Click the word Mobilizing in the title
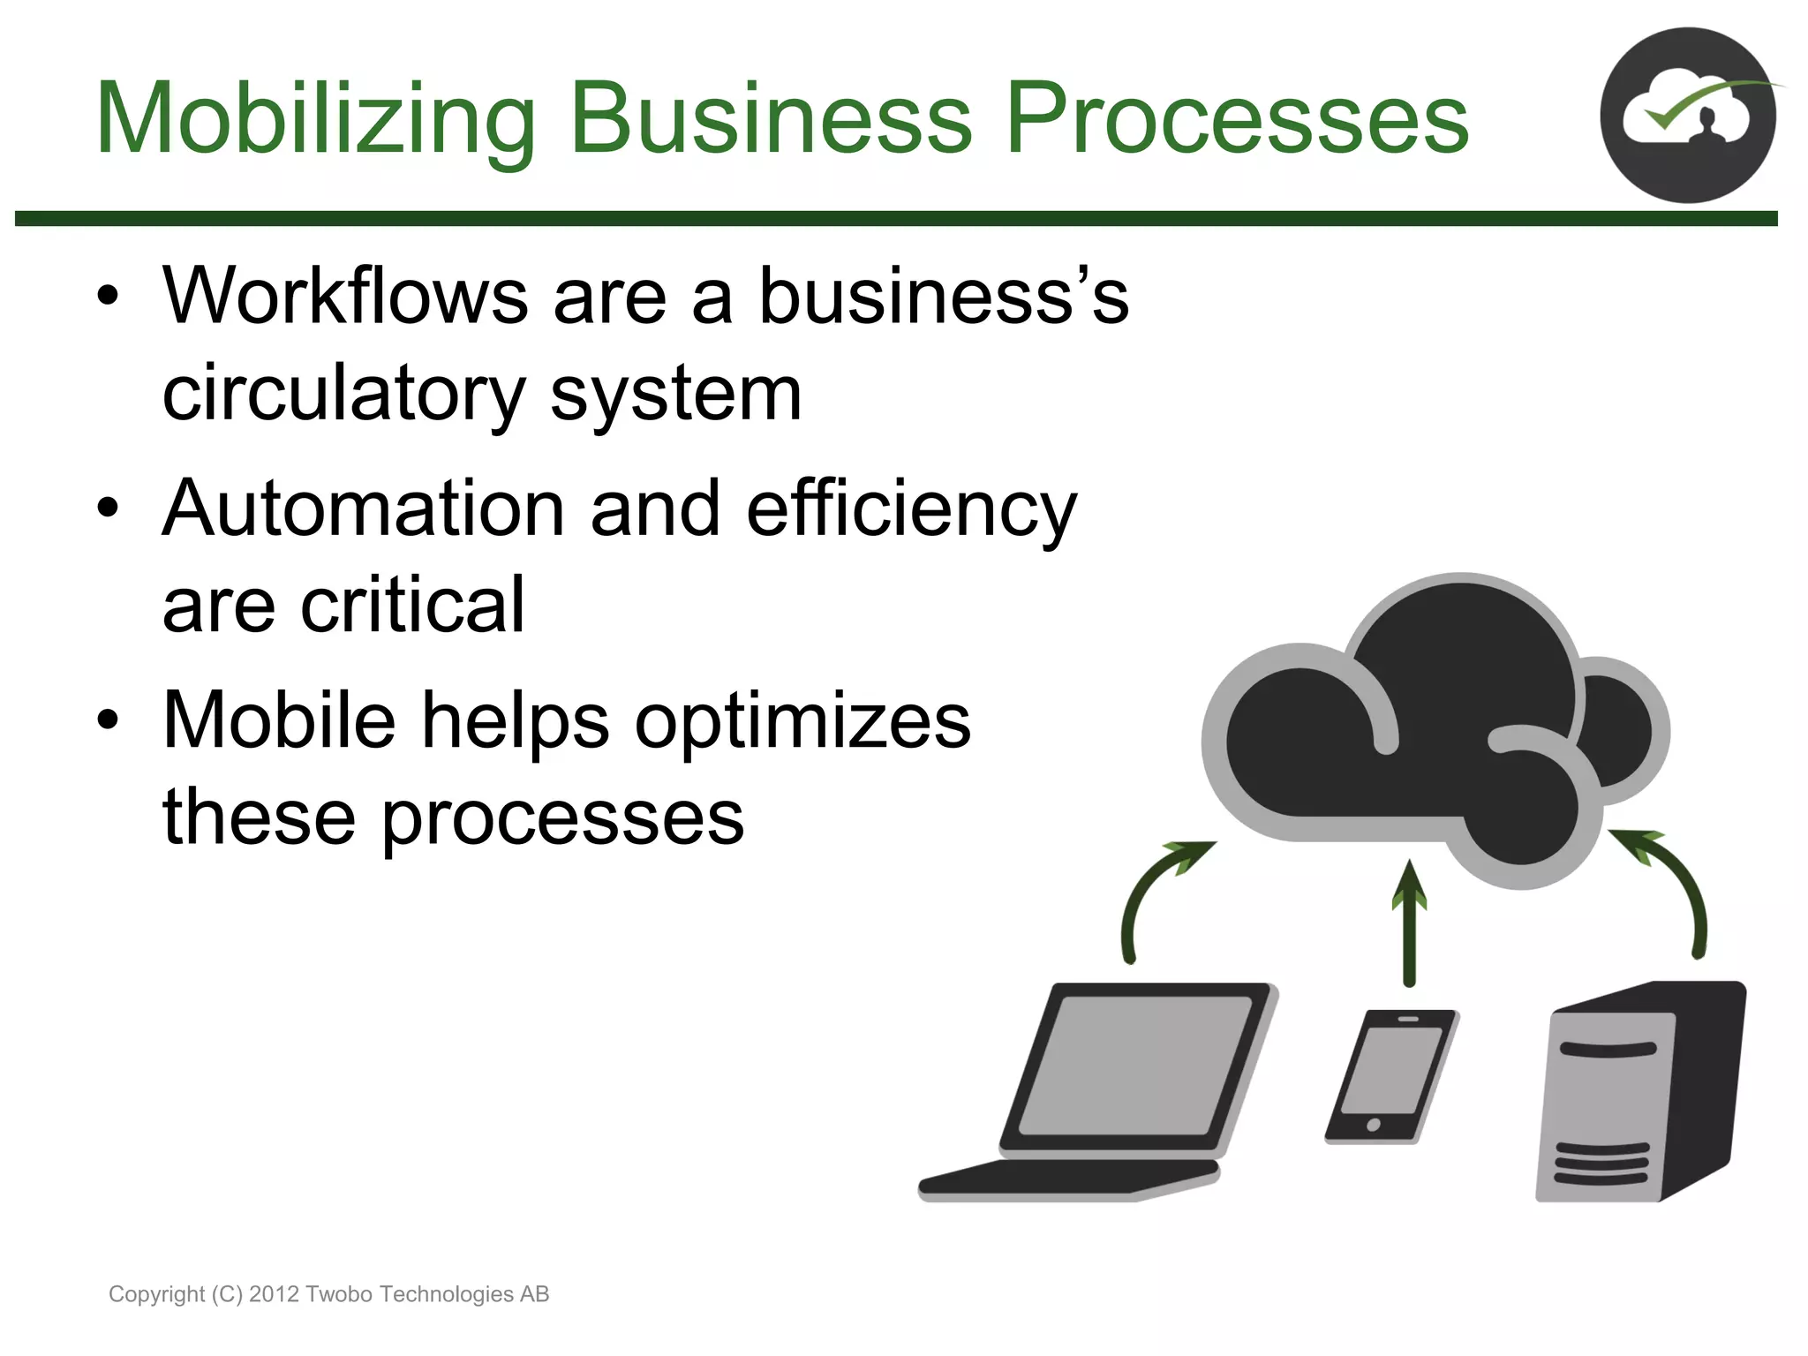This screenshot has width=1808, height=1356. [315, 119]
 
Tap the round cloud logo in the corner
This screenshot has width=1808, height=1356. [1687, 116]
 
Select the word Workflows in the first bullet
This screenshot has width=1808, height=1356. [345, 297]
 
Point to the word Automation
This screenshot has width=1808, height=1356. [363, 509]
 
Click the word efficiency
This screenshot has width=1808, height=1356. [911, 509]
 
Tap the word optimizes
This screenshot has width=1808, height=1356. [802, 721]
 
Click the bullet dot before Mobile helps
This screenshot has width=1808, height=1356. [108, 720]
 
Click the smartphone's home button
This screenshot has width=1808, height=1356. [1373, 1124]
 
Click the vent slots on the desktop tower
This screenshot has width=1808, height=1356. [1601, 1164]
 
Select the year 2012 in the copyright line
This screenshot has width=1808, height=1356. [275, 1294]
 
